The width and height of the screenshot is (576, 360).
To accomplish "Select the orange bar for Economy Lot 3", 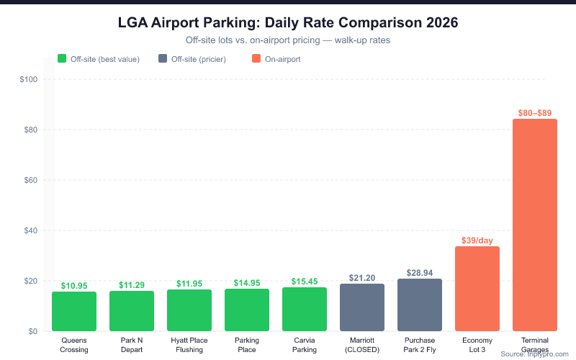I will point(477,289).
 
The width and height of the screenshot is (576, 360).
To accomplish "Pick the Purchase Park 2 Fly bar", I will point(420,305).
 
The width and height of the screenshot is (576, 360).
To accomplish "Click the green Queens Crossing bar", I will point(74,311).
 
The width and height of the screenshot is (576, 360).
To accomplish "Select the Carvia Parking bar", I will point(305,309).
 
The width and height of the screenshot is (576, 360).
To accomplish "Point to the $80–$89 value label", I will point(535,113).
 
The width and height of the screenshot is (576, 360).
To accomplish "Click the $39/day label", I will point(477,240).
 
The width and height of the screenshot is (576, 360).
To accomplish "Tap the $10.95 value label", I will point(74,286).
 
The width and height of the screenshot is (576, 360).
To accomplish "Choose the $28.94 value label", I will point(420,274).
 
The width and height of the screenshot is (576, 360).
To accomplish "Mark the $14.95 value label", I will point(247,283).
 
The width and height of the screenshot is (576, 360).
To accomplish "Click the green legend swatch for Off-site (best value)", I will point(62,59).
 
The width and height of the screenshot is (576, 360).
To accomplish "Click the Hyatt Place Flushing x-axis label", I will point(189,344).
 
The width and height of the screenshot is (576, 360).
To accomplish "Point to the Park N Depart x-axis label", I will point(132,344).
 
